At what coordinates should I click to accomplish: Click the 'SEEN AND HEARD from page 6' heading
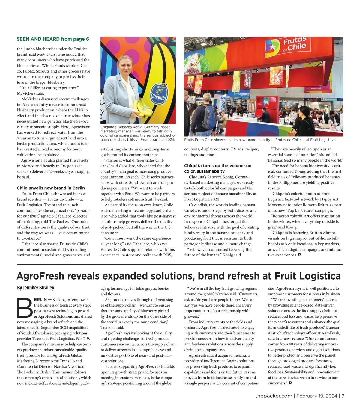(53, 39)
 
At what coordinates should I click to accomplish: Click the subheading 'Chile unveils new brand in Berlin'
(51, 188)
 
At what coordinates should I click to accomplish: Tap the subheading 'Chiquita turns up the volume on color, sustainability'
(218, 168)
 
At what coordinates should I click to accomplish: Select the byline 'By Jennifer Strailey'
(36, 288)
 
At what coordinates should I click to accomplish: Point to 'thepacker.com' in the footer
(274, 396)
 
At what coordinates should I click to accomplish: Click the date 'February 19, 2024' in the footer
(316, 396)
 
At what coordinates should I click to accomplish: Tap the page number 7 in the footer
(343, 396)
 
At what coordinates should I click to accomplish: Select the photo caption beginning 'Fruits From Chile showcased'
(259, 140)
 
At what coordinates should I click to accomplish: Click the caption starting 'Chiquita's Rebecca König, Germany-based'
(138, 133)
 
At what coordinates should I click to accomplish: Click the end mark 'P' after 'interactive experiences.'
(299, 255)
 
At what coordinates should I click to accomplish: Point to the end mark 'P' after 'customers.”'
(290, 383)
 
